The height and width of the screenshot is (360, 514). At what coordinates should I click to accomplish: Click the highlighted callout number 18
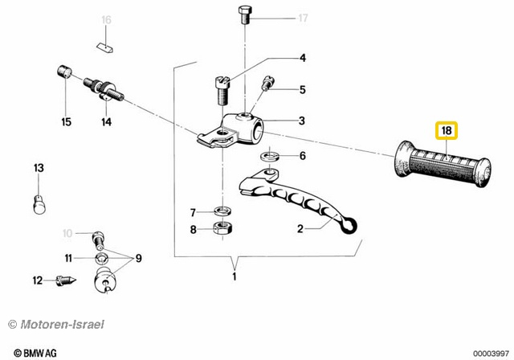(444, 131)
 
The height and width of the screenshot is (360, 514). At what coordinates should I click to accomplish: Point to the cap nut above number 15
(63, 72)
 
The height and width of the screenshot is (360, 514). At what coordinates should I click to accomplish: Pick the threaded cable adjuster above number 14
(104, 87)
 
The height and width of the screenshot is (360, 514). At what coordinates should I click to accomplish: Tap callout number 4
(303, 57)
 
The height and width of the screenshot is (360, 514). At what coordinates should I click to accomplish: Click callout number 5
(303, 89)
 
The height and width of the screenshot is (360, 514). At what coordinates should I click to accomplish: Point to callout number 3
(302, 121)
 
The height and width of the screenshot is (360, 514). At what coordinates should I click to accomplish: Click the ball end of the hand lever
(349, 227)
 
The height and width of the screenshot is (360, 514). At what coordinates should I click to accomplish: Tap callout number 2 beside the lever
(300, 228)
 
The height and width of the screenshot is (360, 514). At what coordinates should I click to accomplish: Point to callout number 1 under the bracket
(234, 277)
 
